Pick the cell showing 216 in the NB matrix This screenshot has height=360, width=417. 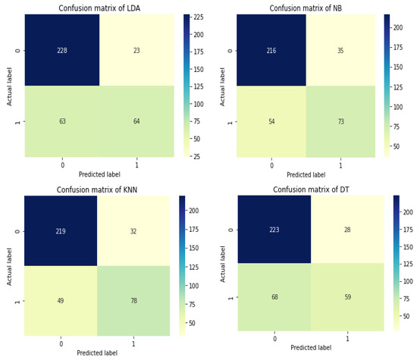(271, 50)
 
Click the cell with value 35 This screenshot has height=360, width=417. (342, 50)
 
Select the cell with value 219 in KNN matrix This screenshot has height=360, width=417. (61, 231)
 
